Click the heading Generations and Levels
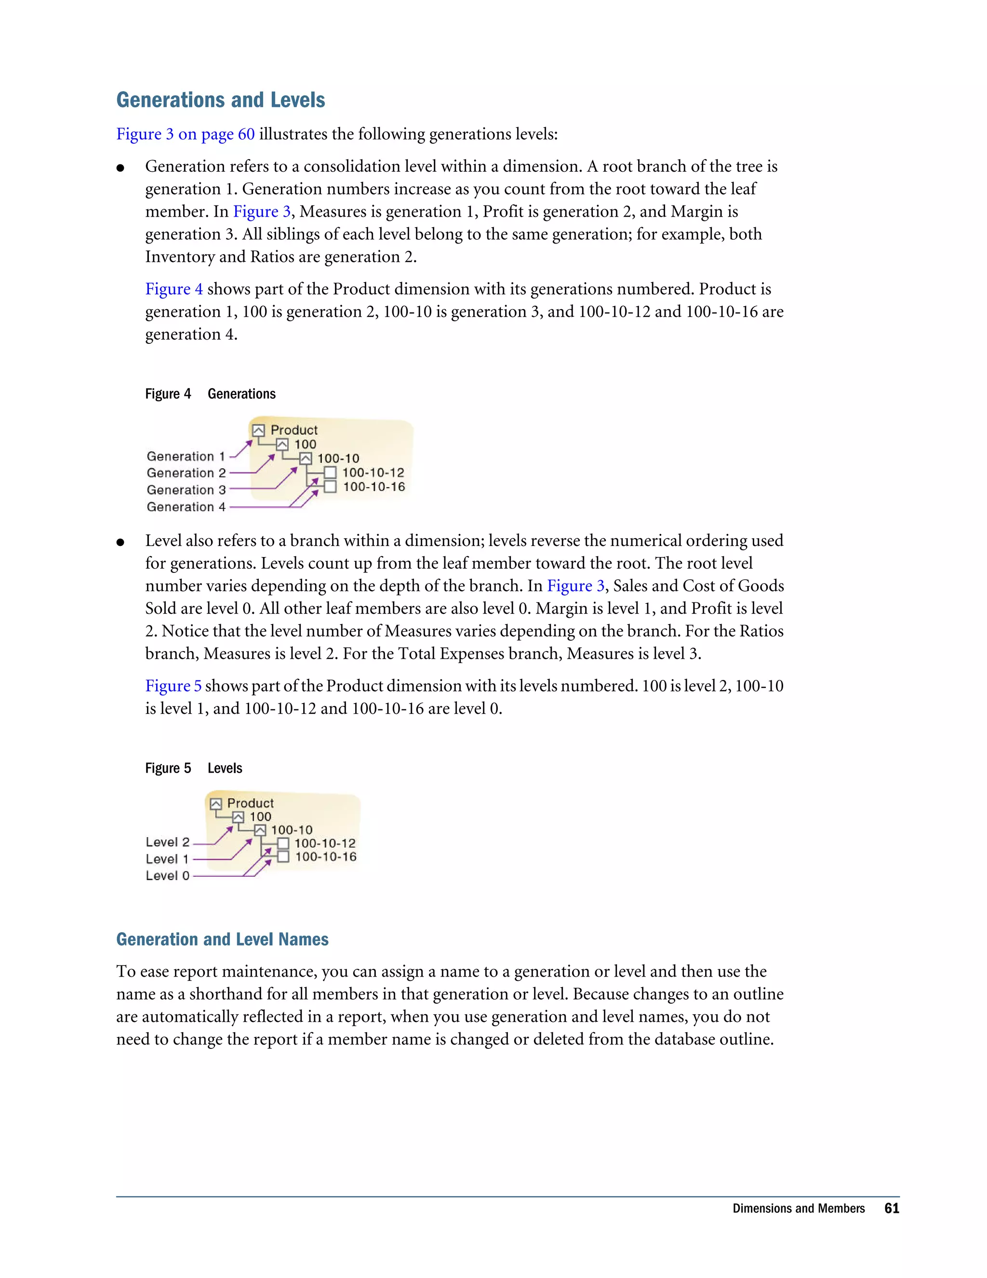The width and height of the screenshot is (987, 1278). [220, 100]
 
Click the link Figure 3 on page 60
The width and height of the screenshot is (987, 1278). [186, 134]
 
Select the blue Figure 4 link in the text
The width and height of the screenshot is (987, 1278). [173, 289]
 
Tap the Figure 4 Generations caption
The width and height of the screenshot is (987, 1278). [210, 394]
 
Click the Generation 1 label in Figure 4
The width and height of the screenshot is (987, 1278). [186, 456]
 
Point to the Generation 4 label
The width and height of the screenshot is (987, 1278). [186, 507]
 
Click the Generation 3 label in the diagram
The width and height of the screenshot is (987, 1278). [186, 490]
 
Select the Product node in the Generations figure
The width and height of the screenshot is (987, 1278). [293, 430]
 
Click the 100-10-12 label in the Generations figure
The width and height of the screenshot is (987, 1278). [373, 473]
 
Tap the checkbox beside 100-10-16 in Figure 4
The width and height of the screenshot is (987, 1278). [330, 487]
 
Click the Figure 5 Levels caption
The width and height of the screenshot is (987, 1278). [194, 768]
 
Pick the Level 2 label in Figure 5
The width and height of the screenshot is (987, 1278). [167, 842]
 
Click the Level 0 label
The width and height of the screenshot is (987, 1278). [167, 876]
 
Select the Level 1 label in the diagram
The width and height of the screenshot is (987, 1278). [167, 859]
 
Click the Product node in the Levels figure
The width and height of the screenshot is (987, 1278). [250, 803]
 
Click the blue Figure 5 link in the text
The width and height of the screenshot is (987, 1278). [173, 686]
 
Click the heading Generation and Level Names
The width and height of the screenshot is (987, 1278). [222, 939]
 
